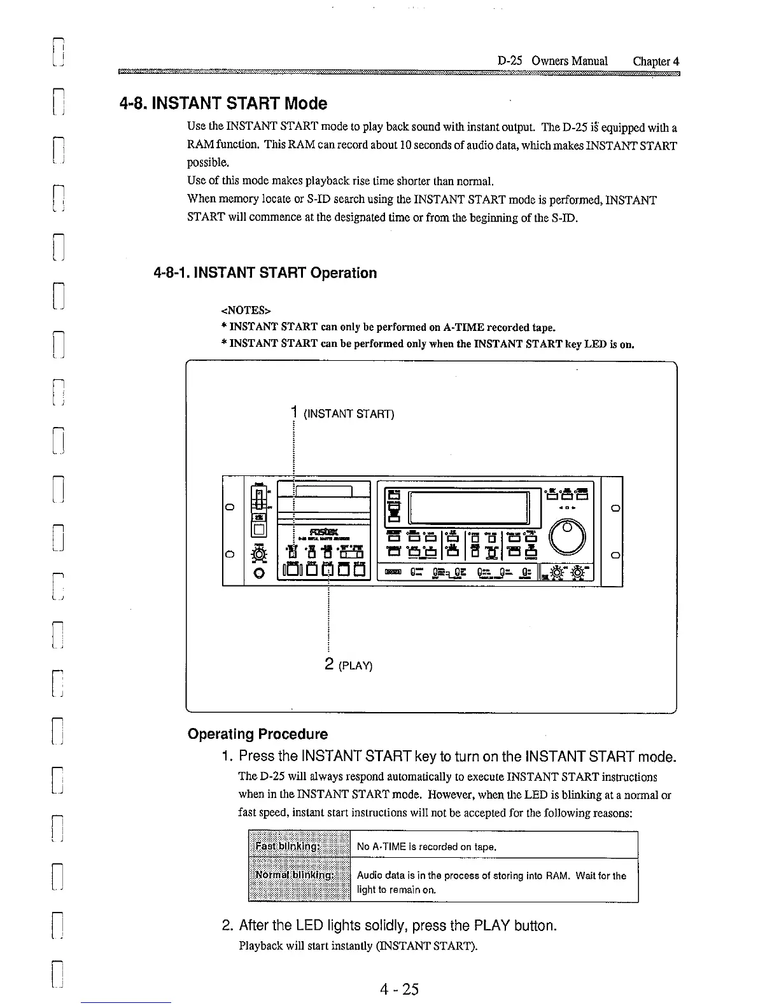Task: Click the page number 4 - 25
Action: click(x=399, y=989)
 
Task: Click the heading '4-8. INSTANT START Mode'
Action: click(x=223, y=103)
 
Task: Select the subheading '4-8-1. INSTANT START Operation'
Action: click(x=265, y=273)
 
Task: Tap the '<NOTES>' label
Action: click(x=245, y=311)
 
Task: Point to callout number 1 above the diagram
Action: click(x=294, y=412)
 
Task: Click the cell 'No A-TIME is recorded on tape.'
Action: click(x=426, y=846)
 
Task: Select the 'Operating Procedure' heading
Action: click(x=258, y=734)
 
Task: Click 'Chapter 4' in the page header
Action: click(x=656, y=61)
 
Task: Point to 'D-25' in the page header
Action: click(x=510, y=61)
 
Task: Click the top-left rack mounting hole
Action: click(x=233, y=507)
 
